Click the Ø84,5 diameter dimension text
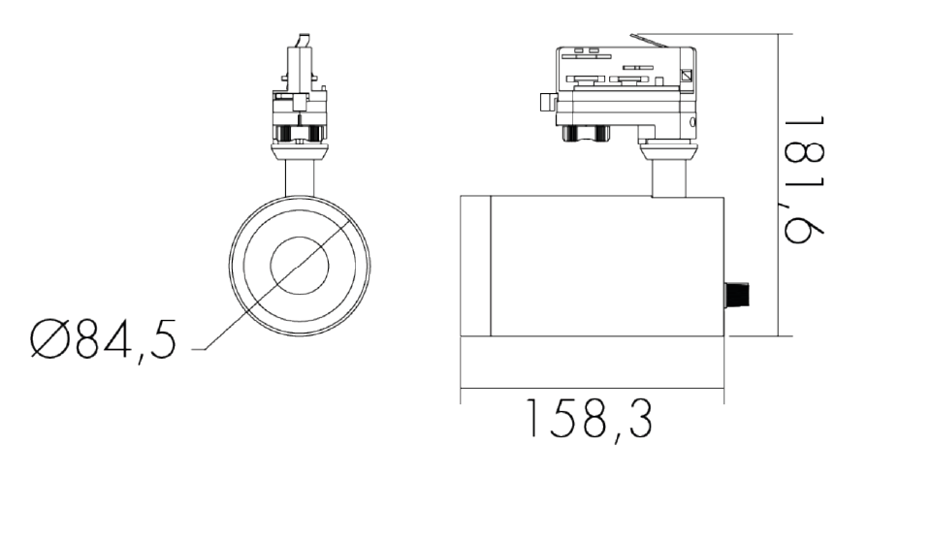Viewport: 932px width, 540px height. tap(103, 341)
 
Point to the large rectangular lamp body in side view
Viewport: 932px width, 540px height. tap(606, 265)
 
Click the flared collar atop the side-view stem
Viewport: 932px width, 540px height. tap(668, 149)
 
